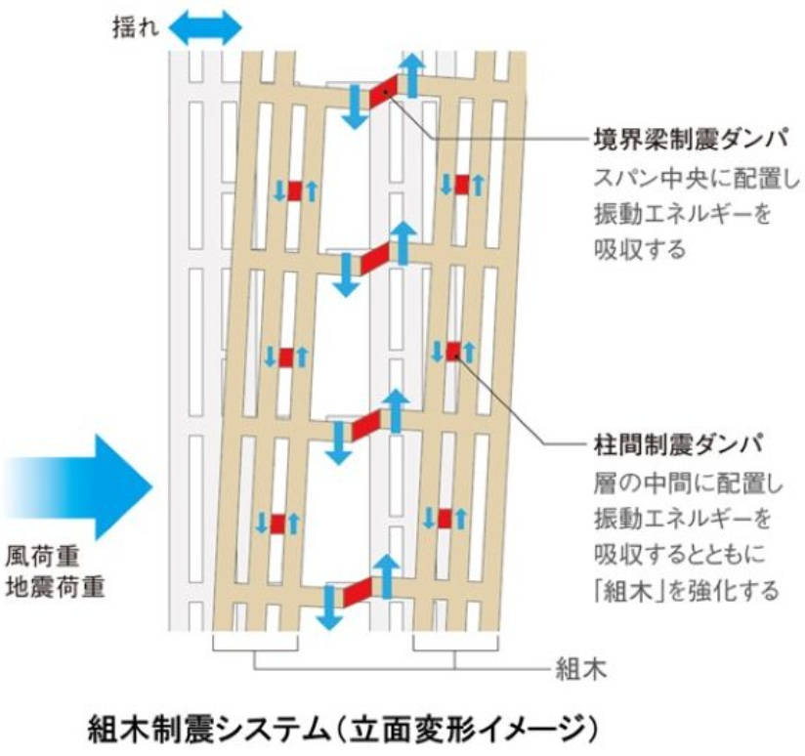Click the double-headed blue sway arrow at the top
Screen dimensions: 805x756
click(x=205, y=27)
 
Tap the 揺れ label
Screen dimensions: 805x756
click(x=136, y=27)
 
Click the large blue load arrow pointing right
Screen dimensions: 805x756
click(x=77, y=487)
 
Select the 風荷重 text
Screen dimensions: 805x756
click(x=43, y=557)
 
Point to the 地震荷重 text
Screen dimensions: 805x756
click(x=55, y=587)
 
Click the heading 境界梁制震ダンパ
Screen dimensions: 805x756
click(x=691, y=139)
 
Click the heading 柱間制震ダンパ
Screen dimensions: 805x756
click(x=679, y=444)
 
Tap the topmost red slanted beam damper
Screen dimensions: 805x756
click(x=384, y=92)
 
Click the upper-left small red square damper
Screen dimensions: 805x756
click(x=295, y=190)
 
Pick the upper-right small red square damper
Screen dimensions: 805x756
click(x=461, y=185)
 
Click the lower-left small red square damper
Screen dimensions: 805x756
click(x=277, y=524)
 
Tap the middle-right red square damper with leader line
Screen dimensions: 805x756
click(x=453, y=352)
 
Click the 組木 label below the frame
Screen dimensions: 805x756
click(x=581, y=669)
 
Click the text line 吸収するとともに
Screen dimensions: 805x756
click(x=679, y=554)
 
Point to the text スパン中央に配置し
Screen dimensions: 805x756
click(x=697, y=179)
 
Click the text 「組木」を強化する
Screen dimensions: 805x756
click(x=686, y=591)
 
